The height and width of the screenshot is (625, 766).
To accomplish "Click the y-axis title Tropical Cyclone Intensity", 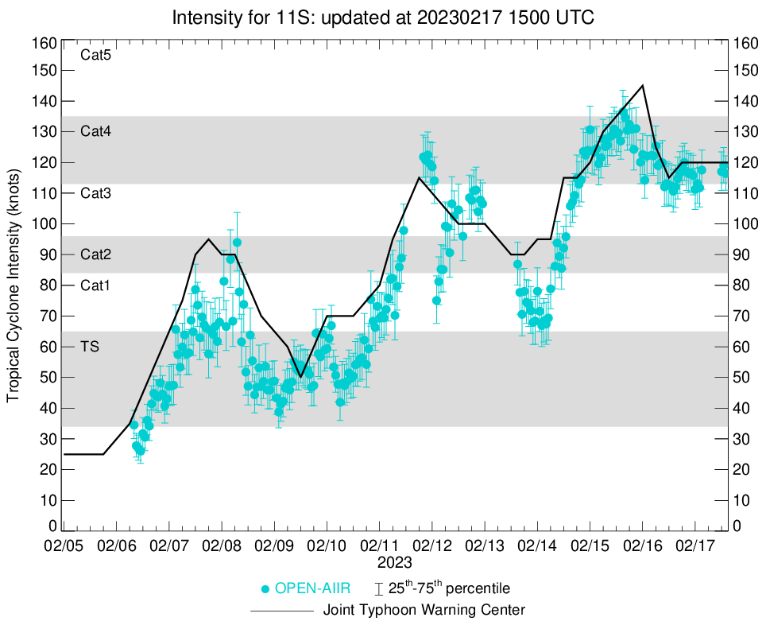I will pyautogui.click(x=14, y=285).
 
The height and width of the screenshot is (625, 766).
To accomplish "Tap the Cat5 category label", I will pyautogui.click(x=95, y=56).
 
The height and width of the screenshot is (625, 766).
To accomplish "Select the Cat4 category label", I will pyautogui.click(x=95, y=132).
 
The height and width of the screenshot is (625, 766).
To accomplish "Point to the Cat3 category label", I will pyautogui.click(x=95, y=193).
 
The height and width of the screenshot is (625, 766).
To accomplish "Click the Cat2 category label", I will pyautogui.click(x=95, y=254).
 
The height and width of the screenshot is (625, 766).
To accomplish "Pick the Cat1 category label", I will pyautogui.click(x=95, y=285).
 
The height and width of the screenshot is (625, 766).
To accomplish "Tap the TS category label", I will pyautogui.click(x=89, y=346).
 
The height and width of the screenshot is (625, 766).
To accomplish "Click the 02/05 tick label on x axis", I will pyautogui.click(x=64, y=548).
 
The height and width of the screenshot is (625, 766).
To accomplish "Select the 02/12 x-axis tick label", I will pyautogui.click(x=432, y=548).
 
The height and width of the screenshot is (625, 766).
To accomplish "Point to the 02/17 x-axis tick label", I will pyautogui.click(x=695, y=548).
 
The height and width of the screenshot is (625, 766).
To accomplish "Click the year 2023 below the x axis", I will pyautogui.click(x=395, y=563).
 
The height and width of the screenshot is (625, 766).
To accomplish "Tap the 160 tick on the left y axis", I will pyautogui.click(x=45, y=43).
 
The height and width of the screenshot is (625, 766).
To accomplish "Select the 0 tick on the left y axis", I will pyautogui.click(x=52, y=526).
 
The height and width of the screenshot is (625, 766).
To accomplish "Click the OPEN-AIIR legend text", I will pyautogui.click(x=313, y=589).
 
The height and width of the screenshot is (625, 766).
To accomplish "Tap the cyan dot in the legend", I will pyautogui.click(x=265, y=589).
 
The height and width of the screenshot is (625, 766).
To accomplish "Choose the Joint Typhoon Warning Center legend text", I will pyautogui.click(x=424, y=611).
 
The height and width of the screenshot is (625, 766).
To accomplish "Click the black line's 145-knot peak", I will pyautogui.click(x=642, y=85).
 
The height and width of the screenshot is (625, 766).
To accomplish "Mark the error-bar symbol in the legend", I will pyautogui.click(x=379, y=589).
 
